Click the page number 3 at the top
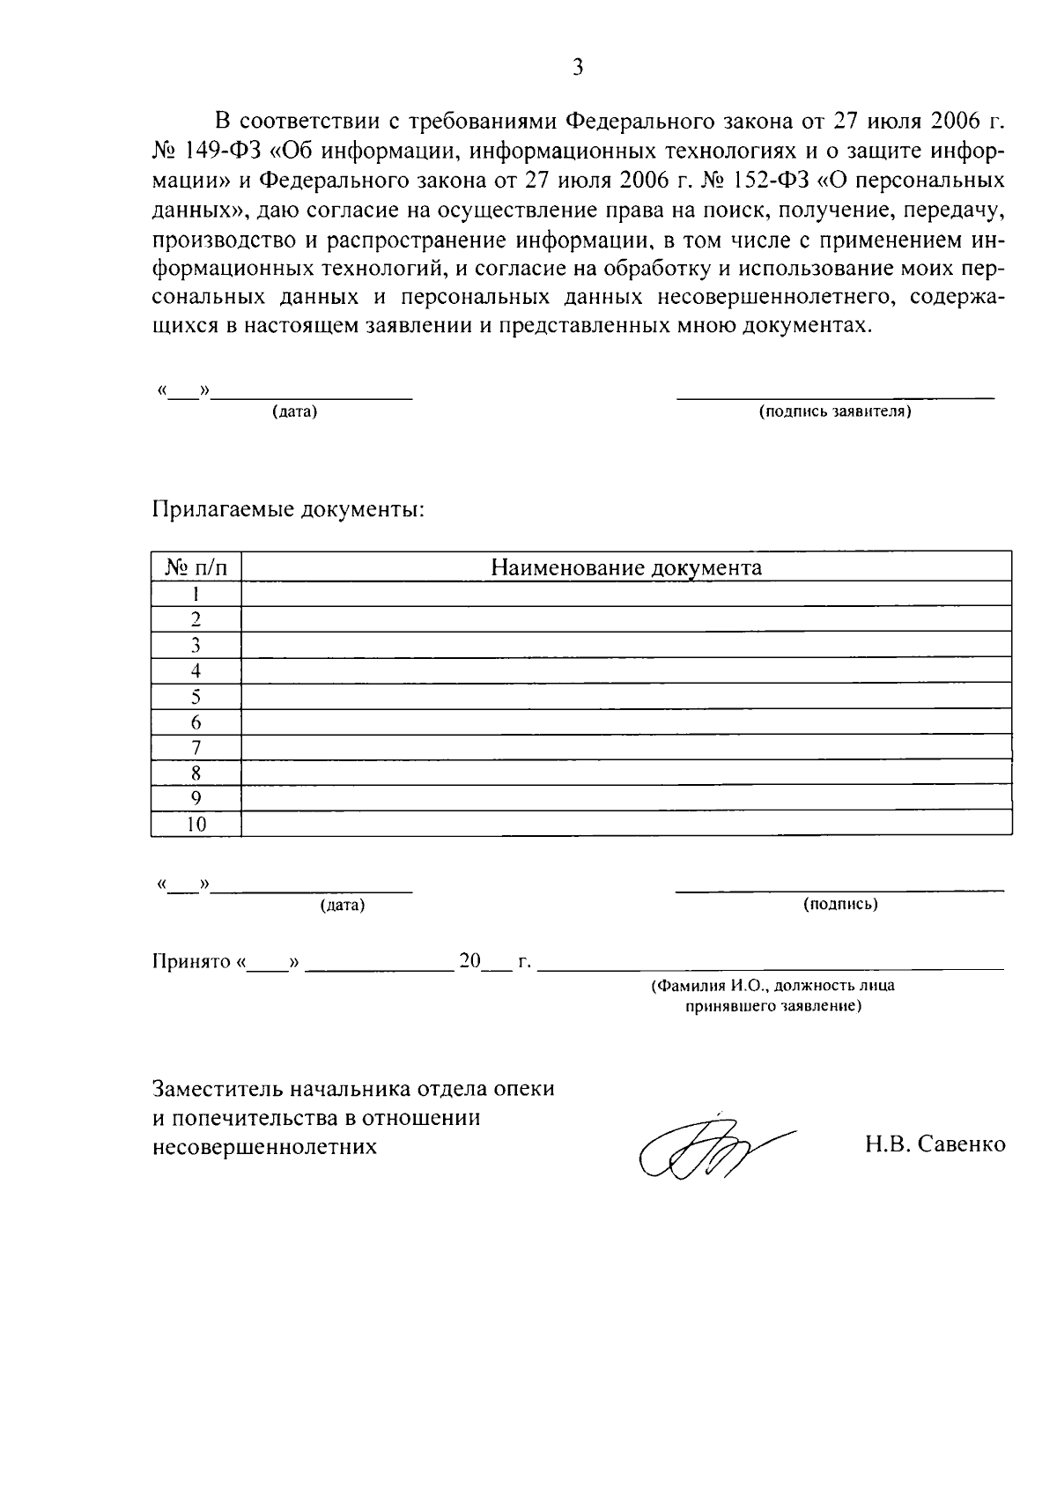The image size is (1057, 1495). click(578, 68)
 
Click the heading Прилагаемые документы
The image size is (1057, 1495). click(289, 510)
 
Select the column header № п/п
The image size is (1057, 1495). click(196, 567)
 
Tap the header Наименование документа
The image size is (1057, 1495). click(625, 567)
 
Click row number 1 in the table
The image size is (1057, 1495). click(196, 594)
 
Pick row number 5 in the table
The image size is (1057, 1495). click(196, 697)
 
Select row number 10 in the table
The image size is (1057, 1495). click(196, 825)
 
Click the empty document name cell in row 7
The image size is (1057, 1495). click(625, 748)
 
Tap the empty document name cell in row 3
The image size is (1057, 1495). click(625, 645)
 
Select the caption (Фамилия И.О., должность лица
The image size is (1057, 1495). click(772, 987)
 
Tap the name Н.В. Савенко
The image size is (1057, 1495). click(935, 1144)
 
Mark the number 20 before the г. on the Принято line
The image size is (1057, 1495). click(469, 960)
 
